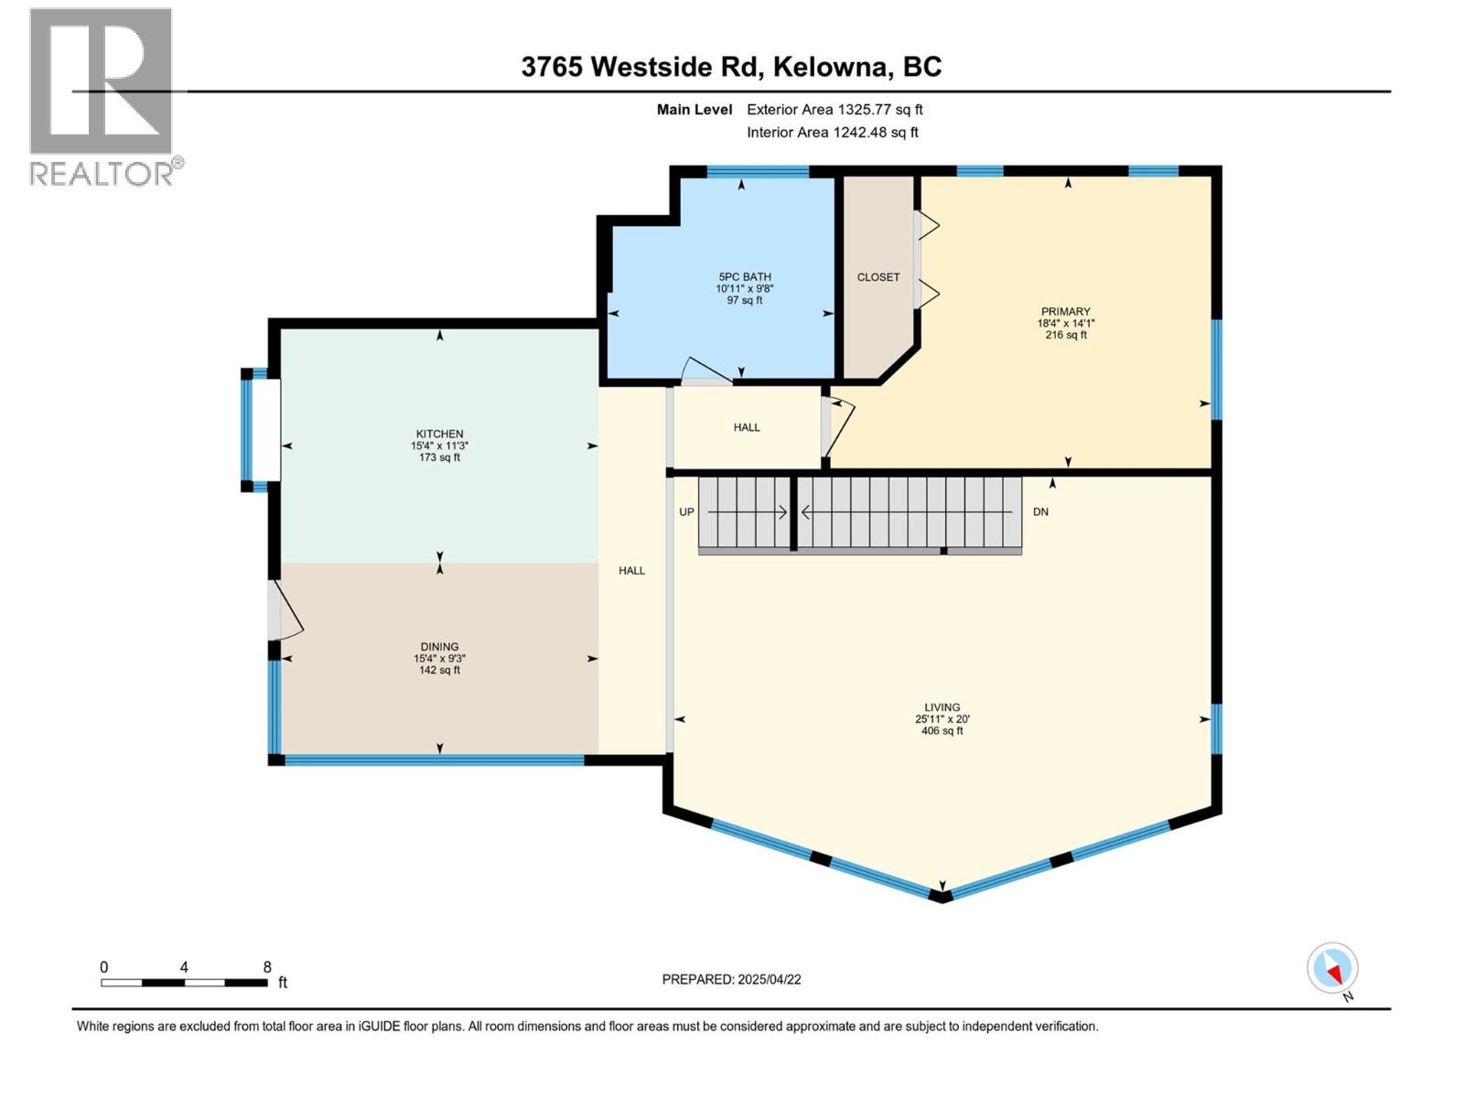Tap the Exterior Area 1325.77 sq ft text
(834, 110)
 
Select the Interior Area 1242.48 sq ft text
(832, 133)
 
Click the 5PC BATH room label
(744, 277)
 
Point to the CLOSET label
(877, 277)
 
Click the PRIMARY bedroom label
(1065, 312)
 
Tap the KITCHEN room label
(439, 434)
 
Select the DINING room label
(439, 647)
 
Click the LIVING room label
(942, 707)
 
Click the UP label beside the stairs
(686, 512)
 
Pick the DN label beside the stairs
(1040, 512)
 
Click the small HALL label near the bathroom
(747, 427)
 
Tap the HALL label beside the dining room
(631, 571)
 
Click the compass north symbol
(1332, 968)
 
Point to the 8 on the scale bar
(267, 967)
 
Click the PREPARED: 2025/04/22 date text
(731, 979)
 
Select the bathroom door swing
(705, 368)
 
